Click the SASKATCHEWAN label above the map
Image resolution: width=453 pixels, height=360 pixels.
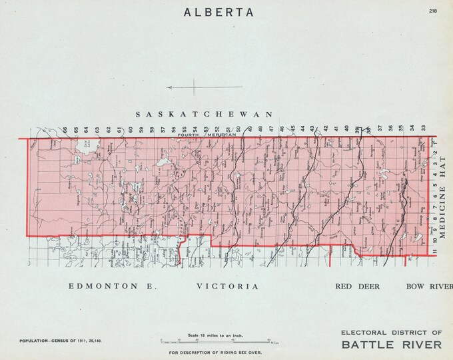tap(205, 114)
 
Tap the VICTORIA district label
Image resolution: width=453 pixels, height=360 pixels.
tap(227, 287)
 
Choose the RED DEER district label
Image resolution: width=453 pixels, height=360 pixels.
tap(358, 287)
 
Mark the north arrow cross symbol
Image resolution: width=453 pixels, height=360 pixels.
tap(195, 87)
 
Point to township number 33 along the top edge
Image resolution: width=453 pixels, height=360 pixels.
tap(423, 128)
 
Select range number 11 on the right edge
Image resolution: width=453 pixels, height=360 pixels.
tap(433, 251)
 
